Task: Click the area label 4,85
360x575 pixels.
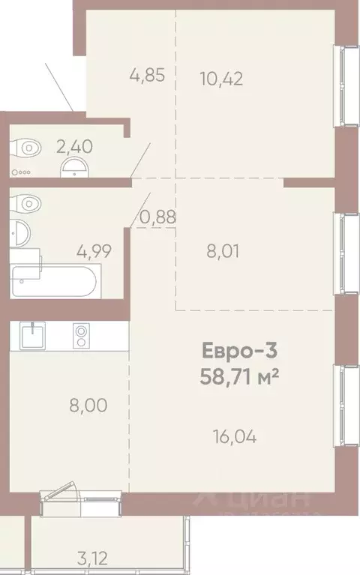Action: [x=142, y=76]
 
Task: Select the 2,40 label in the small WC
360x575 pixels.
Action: [x=74, y=146]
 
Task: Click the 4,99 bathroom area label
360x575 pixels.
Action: [x=94, y=250]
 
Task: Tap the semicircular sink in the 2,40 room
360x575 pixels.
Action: [x=73, y=166]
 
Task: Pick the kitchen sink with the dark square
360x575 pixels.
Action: [x=32, y=334]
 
